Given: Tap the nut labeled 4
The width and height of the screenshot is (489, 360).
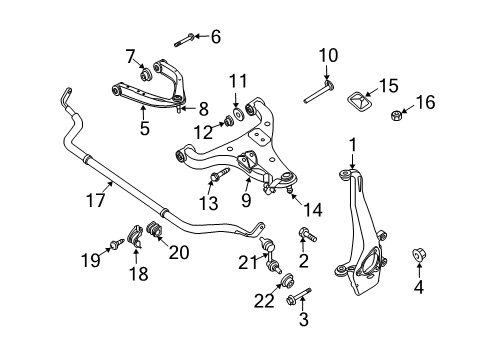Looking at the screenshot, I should [420, 257].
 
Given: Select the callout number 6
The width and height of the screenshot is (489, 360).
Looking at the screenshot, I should [213, 37].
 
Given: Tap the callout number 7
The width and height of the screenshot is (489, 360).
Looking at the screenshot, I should [130, 54].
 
